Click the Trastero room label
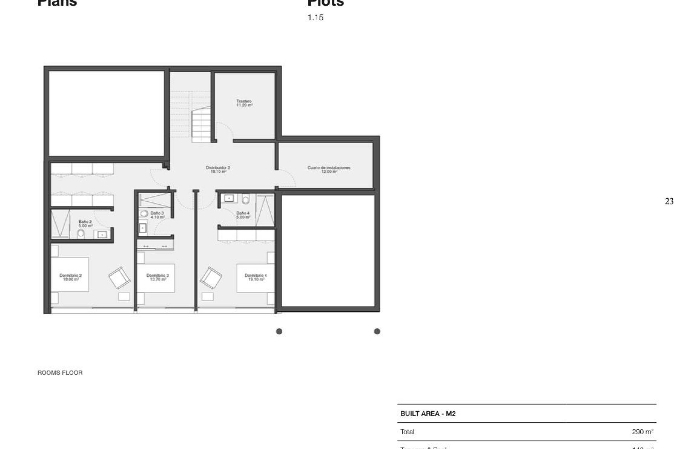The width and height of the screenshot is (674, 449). [244, 103]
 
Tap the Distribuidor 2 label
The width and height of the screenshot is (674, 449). [218, 170]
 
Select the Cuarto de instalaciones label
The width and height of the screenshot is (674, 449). [329, 170]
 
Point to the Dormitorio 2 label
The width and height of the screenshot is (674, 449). [71, 277]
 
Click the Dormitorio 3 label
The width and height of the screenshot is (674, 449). [158, 277]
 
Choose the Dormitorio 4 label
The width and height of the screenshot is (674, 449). [256, 277]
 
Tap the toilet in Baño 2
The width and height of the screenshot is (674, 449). [81, 233]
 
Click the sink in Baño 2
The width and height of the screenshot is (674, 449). [102, 234]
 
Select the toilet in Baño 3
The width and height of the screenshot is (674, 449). [144, 213]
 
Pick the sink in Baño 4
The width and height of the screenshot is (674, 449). [229, 199]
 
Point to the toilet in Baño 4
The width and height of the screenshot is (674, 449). [246, 200]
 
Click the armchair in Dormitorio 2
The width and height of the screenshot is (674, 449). [119, 277]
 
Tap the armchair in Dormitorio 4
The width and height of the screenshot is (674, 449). [211, 277]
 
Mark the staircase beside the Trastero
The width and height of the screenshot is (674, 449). [201, 125]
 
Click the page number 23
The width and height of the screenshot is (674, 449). [669, 201]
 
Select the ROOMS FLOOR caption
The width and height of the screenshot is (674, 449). [60, 373]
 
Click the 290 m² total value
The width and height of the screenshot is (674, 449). [642, 432]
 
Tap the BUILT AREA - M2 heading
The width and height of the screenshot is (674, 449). [428, 414]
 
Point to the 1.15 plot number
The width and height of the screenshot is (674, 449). [315, 18]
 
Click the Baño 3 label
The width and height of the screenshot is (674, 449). [157, 215]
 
